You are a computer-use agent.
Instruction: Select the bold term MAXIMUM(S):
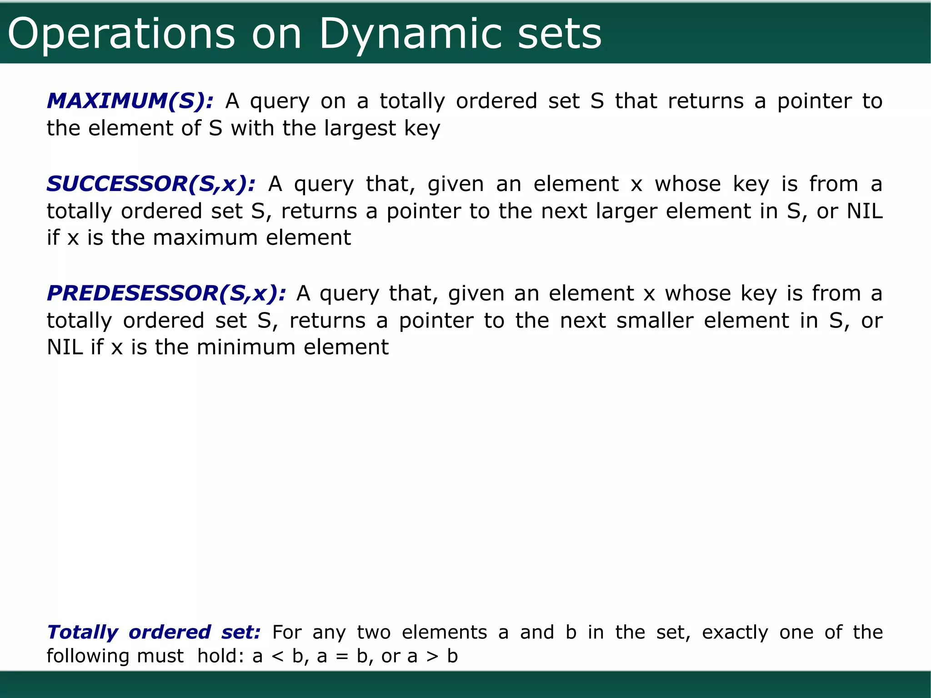coord(130,101)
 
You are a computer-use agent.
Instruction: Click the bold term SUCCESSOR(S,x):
coord(151,184)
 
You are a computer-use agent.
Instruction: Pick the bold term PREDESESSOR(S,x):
coord(166,293)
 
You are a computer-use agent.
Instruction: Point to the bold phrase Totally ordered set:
coord(154,632)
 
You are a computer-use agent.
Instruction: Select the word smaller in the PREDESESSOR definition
coord(655,321)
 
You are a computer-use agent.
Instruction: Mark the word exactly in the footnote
coord(735,633)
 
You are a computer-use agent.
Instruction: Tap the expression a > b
coord(432,656)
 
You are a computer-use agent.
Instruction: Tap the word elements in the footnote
coord(444,633)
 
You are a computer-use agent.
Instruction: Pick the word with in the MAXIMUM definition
coord(252,129)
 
